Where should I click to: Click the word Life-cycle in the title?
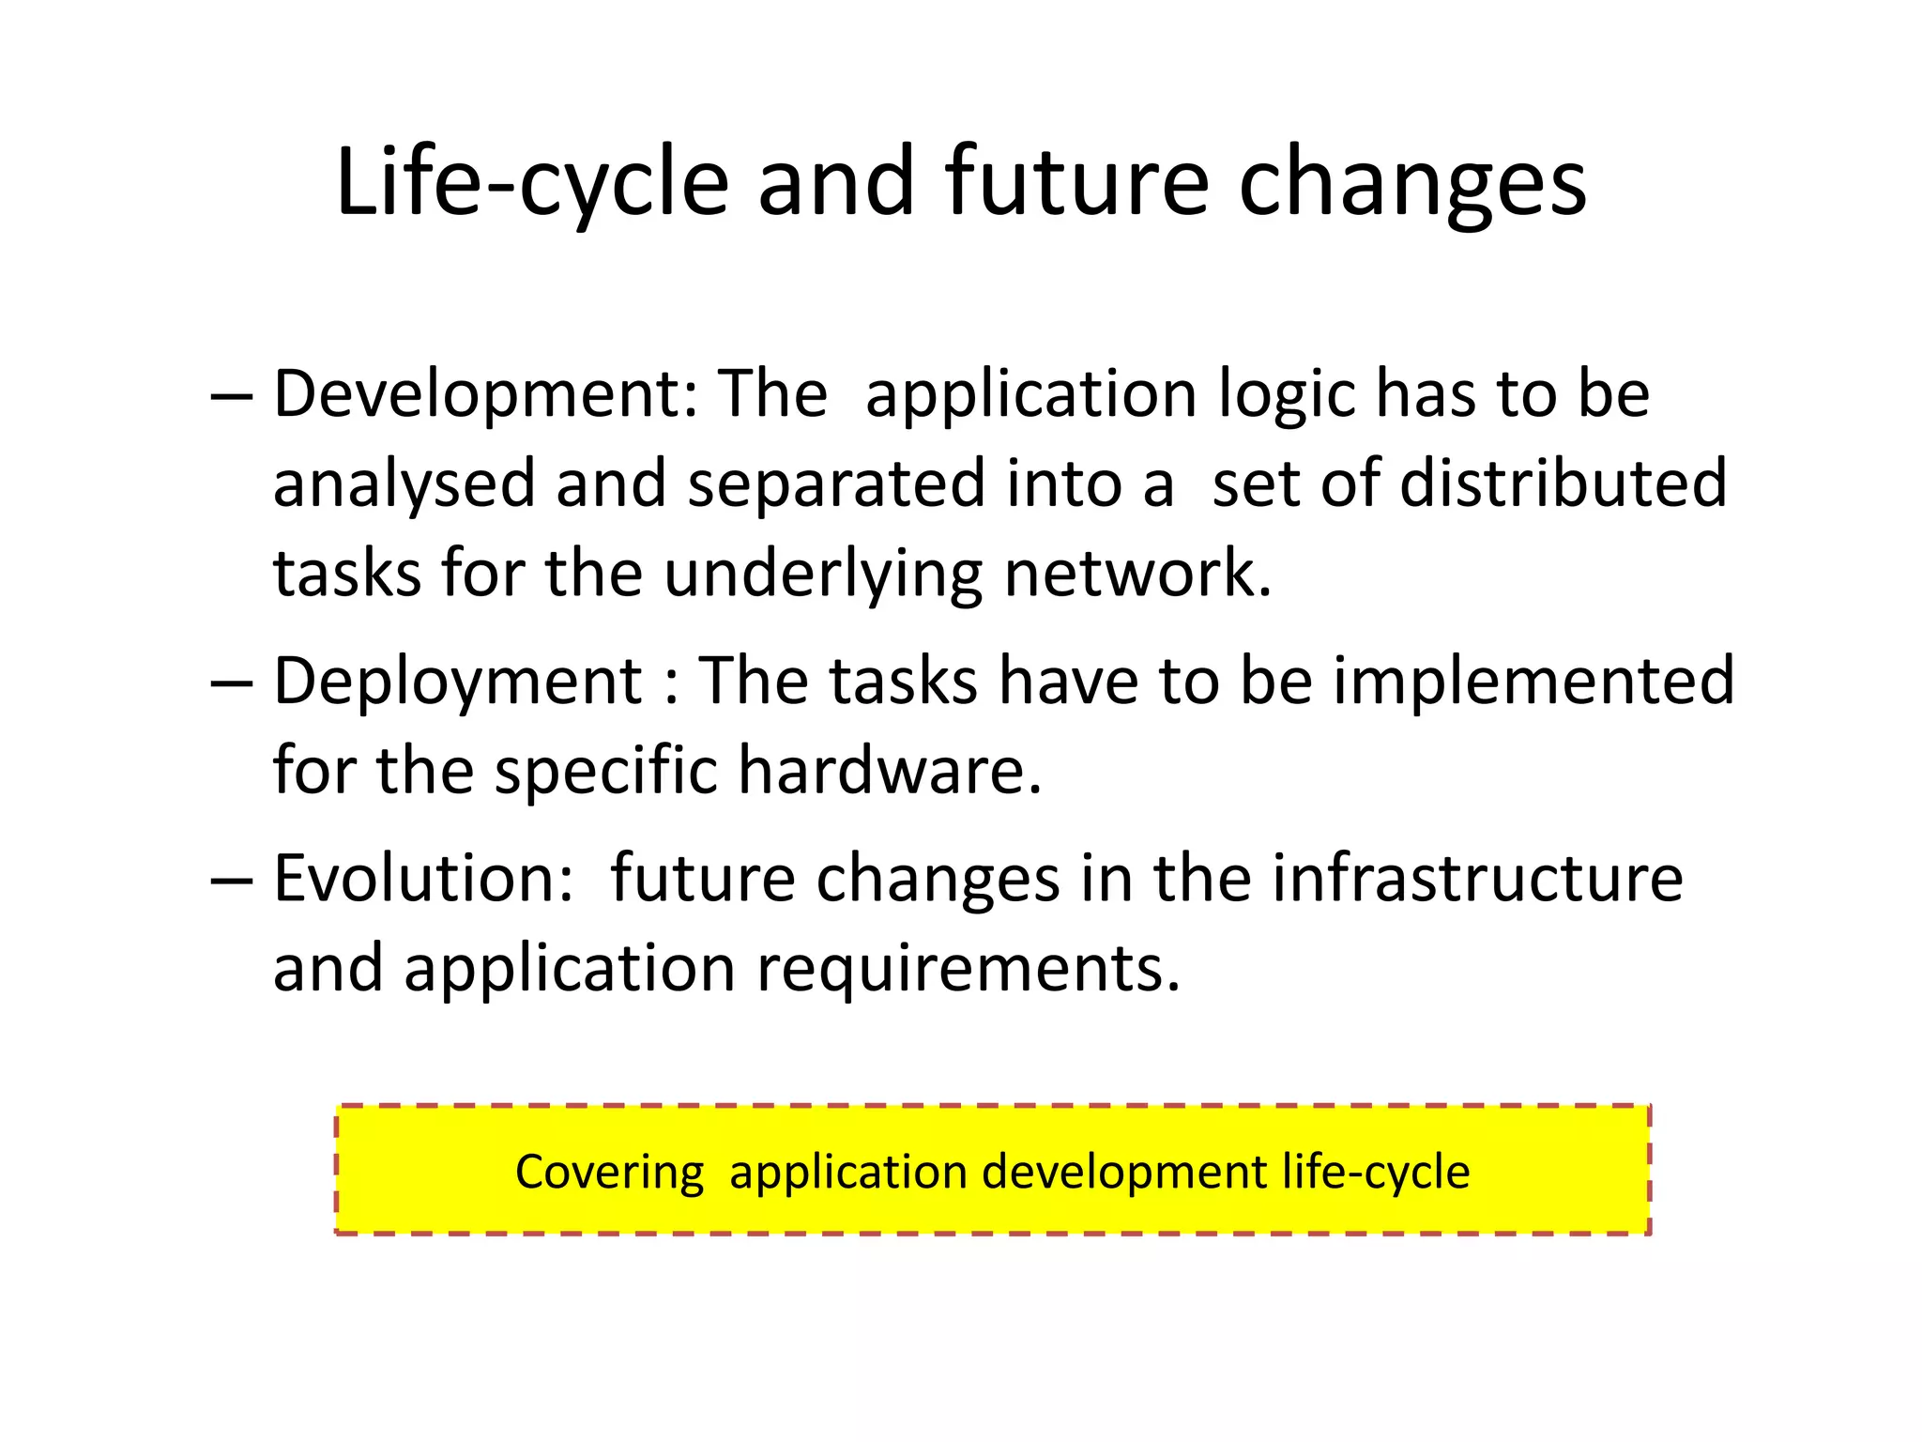[531, 183]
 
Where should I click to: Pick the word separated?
[836, 483]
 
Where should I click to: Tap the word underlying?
[824, 575]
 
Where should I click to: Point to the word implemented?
[1533, 680]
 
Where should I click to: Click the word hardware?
[890, 771]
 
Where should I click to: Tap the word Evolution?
[423, 879]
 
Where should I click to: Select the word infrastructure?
[1477, 879]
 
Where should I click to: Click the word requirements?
[968, 969]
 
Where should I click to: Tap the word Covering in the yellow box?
[609, 1173]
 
